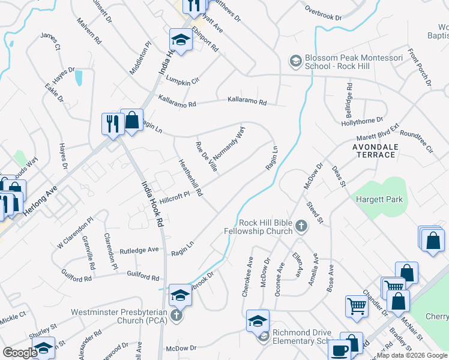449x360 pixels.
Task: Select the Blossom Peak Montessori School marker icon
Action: pyautogui.click(x=295, y=61)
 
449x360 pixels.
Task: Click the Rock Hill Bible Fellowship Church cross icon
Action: pyautogui.click(x=301, y=226)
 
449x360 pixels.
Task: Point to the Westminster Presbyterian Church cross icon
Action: pyautogui.click(x=176, y=315)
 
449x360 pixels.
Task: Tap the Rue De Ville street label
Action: pyautogui.click(x=205, y=157)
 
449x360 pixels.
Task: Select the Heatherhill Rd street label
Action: pyautogui.click(x=190, y=178)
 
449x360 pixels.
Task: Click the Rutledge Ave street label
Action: pyautogui.click(x=139, y=251)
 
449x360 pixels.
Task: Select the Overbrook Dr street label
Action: pyautogui.click(x=323, y=13)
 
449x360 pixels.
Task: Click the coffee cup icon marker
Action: pyautogui.click(x=339, y=350)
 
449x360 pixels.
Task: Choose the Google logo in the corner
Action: pyautogui.click(x=20, y=353)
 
